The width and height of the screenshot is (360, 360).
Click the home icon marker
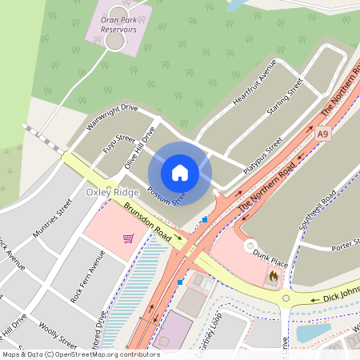pos(180,173)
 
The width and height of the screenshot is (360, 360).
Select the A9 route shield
pos(322,134)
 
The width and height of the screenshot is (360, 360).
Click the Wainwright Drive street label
pos(112,118)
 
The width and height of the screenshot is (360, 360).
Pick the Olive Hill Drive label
pos(138,149)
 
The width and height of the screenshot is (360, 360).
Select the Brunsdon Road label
pos(148,223)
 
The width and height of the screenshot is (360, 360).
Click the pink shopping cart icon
pos(128,238)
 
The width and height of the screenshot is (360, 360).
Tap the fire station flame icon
pos(273,277)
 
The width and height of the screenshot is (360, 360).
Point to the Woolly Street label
pos(57,331)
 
